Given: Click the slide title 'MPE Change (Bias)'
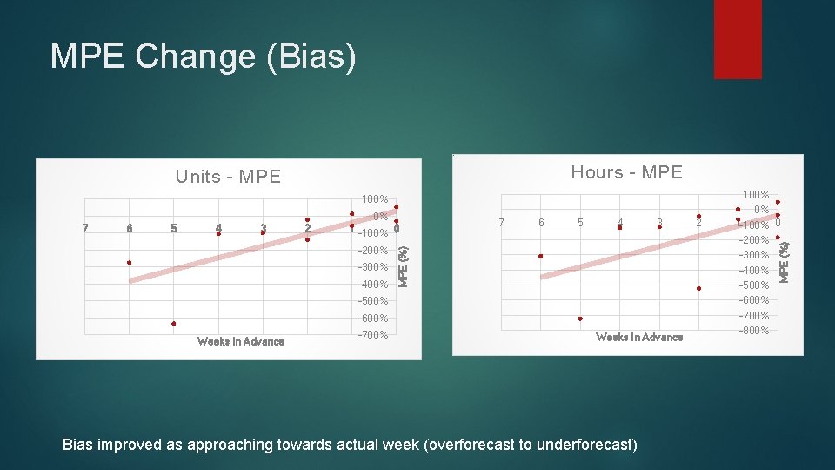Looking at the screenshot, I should pyautogui.click(x=204, y=57).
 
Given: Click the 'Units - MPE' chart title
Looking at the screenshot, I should pyautogui.click(x=228, y=177).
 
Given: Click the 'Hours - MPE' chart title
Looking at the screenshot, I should pyautogui.click(x=626, y=172).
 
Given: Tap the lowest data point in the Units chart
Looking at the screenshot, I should pyautogui.click(x=174, y=324).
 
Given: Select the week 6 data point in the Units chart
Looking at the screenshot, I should pyautogui.click(x=129, y=262).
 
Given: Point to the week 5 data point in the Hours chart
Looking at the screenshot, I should pyautogui.click(x=580, y=319).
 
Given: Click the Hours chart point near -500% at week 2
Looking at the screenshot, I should pyautogui.click(x=698, y=288).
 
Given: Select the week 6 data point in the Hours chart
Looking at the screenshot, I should pyautogui.click(x=540, y=256).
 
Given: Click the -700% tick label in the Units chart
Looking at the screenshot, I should pyautogui.click(x=373, y=335).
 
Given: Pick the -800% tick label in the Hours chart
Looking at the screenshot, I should pyautogui.click(x=754, y=331).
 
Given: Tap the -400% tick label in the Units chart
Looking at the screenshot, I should pyautogui.click(x=373, y=285).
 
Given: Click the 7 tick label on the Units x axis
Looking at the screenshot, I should pyautogui.click(x=84, y=229).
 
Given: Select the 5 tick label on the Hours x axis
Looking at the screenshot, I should pyautogui.click(x=580, y=223).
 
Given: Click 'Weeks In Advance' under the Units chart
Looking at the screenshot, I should pyautogui.click(x=241, y=341).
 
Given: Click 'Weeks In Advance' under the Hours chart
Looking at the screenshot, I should pyautogui.click(x=639, y=337).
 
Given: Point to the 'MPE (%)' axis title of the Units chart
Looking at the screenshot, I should pyautogui.click(x=404, y=265).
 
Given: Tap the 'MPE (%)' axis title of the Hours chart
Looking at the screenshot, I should pyautogui.click(x=783, y=260).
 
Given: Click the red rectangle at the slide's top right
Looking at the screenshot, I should pyautogui.click(x=737, y=39).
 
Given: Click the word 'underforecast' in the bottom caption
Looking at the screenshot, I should pyautogui.click(x=586, y=445).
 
